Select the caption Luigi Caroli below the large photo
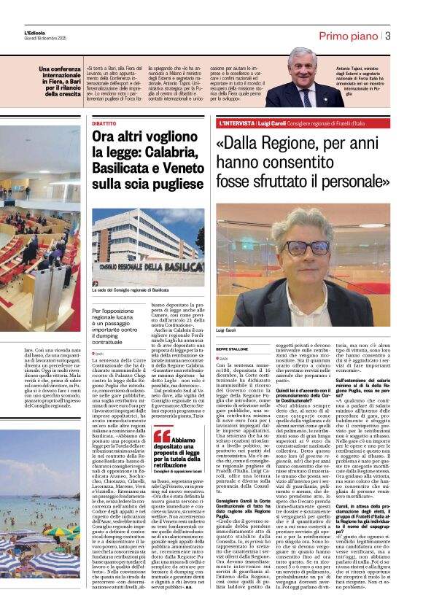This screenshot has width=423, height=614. [227, 331]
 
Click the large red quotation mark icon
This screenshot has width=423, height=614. [163, 437]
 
